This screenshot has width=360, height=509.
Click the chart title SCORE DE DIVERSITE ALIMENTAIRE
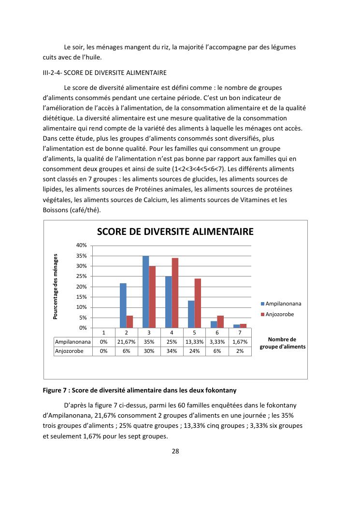pyautogui.click(x=175, y=232)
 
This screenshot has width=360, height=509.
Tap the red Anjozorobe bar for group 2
pyautogui.click(x=130, y=322)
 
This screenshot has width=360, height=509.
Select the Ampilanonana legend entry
pyautogui.click(x=281, y=304)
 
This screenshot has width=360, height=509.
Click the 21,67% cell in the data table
pyautogui.click(x=126, y=342)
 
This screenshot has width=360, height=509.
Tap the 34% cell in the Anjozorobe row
pyautogui.click(x=172, y=351)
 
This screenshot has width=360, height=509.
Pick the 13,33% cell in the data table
pyautogui.click(x=194, y=342)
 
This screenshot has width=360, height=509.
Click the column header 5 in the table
pyautogui.click(x=194, y=333)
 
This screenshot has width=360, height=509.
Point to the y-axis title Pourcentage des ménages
pyautogui.click(x=56, y=287)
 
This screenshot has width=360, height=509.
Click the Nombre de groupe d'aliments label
pyautogui.click(x=282, y=343)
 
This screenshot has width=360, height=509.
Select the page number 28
pyautogui.click(x=176, y=451)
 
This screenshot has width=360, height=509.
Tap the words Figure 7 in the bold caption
pyautogui.click(x=56, y=390)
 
